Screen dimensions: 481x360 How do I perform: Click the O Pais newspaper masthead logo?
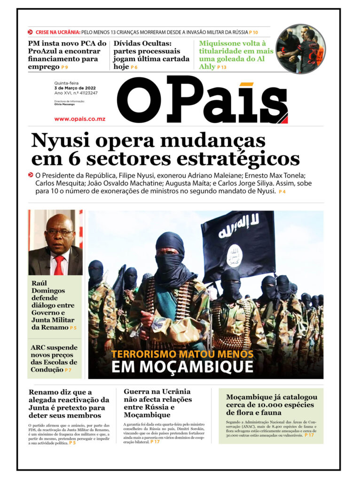coord(202,100)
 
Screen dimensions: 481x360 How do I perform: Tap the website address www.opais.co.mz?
coord(79,119)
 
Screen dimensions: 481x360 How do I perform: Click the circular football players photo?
coord(301,48)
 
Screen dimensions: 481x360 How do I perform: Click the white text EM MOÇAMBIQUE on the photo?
coord(182,367)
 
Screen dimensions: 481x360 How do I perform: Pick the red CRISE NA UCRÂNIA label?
coord(57,32)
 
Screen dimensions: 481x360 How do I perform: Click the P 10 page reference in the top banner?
coord(253,32)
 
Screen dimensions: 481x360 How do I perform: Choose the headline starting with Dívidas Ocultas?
coord(151,55)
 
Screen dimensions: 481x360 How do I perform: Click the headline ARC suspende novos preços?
coord(54,358)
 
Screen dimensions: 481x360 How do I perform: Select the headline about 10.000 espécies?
coord(271,405)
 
